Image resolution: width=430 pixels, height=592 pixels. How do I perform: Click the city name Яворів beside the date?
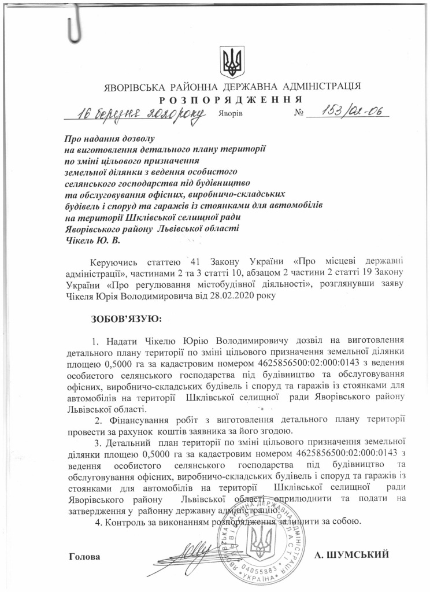click(231, 113)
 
